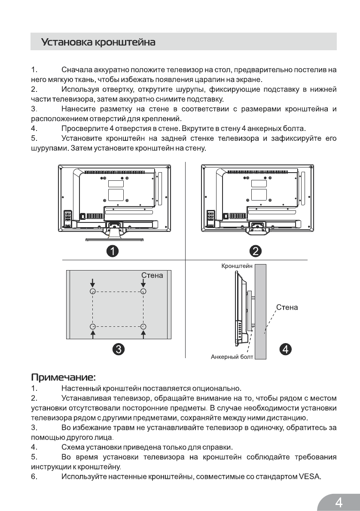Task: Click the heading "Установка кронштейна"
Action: pyautogui.click(x=98, y=43)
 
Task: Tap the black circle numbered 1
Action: pyautogui.click(x=113, y=251)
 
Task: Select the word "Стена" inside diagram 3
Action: pyautogui.click(x=152, y=275)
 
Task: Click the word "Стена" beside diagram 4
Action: pyautogui.click(x=287, y=307)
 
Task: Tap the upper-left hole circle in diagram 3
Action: pyautogui.click(x=92, y=291)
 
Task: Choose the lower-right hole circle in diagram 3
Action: pyautogui.click(x=143, y=327)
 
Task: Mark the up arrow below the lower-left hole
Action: pyautogui.click(x=92, y=335)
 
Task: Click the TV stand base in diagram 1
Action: pyautogui.click(x=113, y=237)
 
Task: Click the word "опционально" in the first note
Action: pyautogui.click(x=221, y=389)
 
